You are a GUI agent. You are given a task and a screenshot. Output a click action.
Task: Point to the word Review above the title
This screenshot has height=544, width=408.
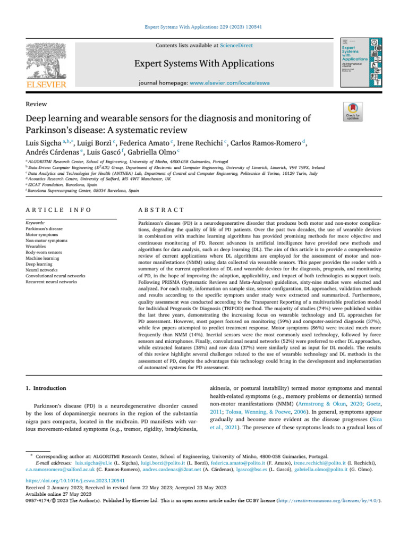(36, 104)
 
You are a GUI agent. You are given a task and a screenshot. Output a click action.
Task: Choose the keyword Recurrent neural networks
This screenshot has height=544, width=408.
(52, 282)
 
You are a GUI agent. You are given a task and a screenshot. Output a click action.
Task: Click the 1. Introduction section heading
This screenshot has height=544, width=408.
(46, 389)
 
